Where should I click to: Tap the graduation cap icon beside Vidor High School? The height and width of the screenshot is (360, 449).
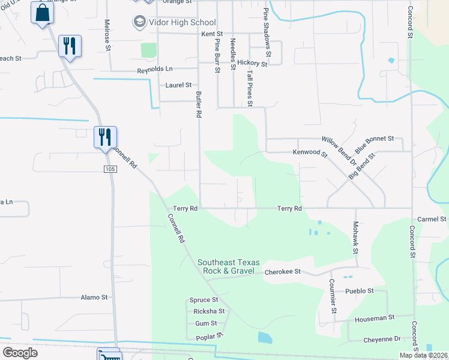click(x=139, y=22)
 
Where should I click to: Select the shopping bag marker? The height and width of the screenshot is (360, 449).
click(x=43, y=13)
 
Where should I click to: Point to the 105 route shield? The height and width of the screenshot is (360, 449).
click(x=109, y=170)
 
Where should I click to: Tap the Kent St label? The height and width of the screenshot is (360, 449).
click(x=212, y=34)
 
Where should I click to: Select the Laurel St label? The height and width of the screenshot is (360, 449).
click(x=178, y=85)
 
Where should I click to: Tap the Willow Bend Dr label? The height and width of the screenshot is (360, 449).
click(x=339, y=151)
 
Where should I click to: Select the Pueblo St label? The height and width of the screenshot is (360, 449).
click(x=360, y=291)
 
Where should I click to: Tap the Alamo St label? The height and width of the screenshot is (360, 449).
click(x=94, y=297)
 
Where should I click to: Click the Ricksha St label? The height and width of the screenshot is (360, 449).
click(x=209, y=311)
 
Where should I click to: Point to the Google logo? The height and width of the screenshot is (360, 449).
click(x=20, y=353)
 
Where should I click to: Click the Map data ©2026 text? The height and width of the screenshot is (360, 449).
click(x=424, y=355)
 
